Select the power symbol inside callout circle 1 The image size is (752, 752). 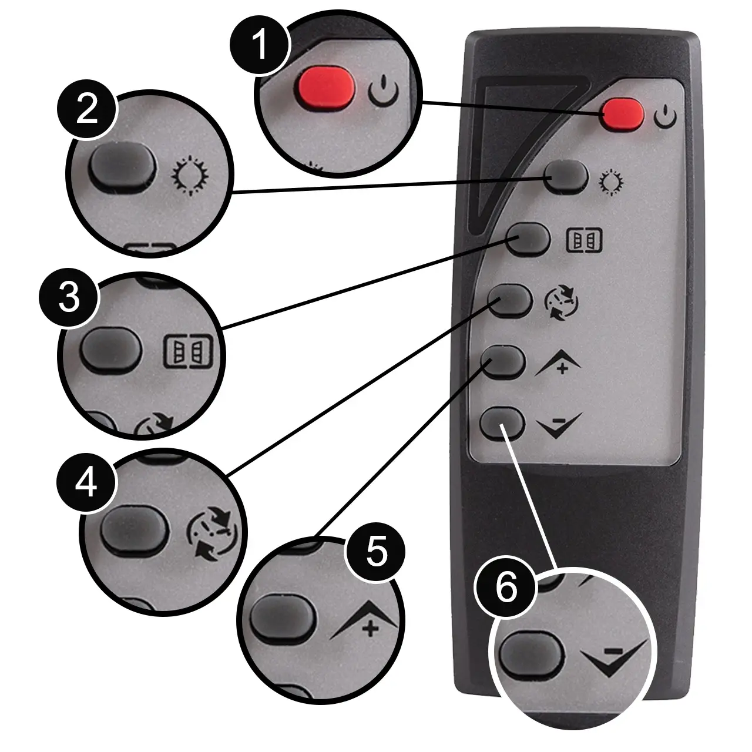[383, 91]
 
